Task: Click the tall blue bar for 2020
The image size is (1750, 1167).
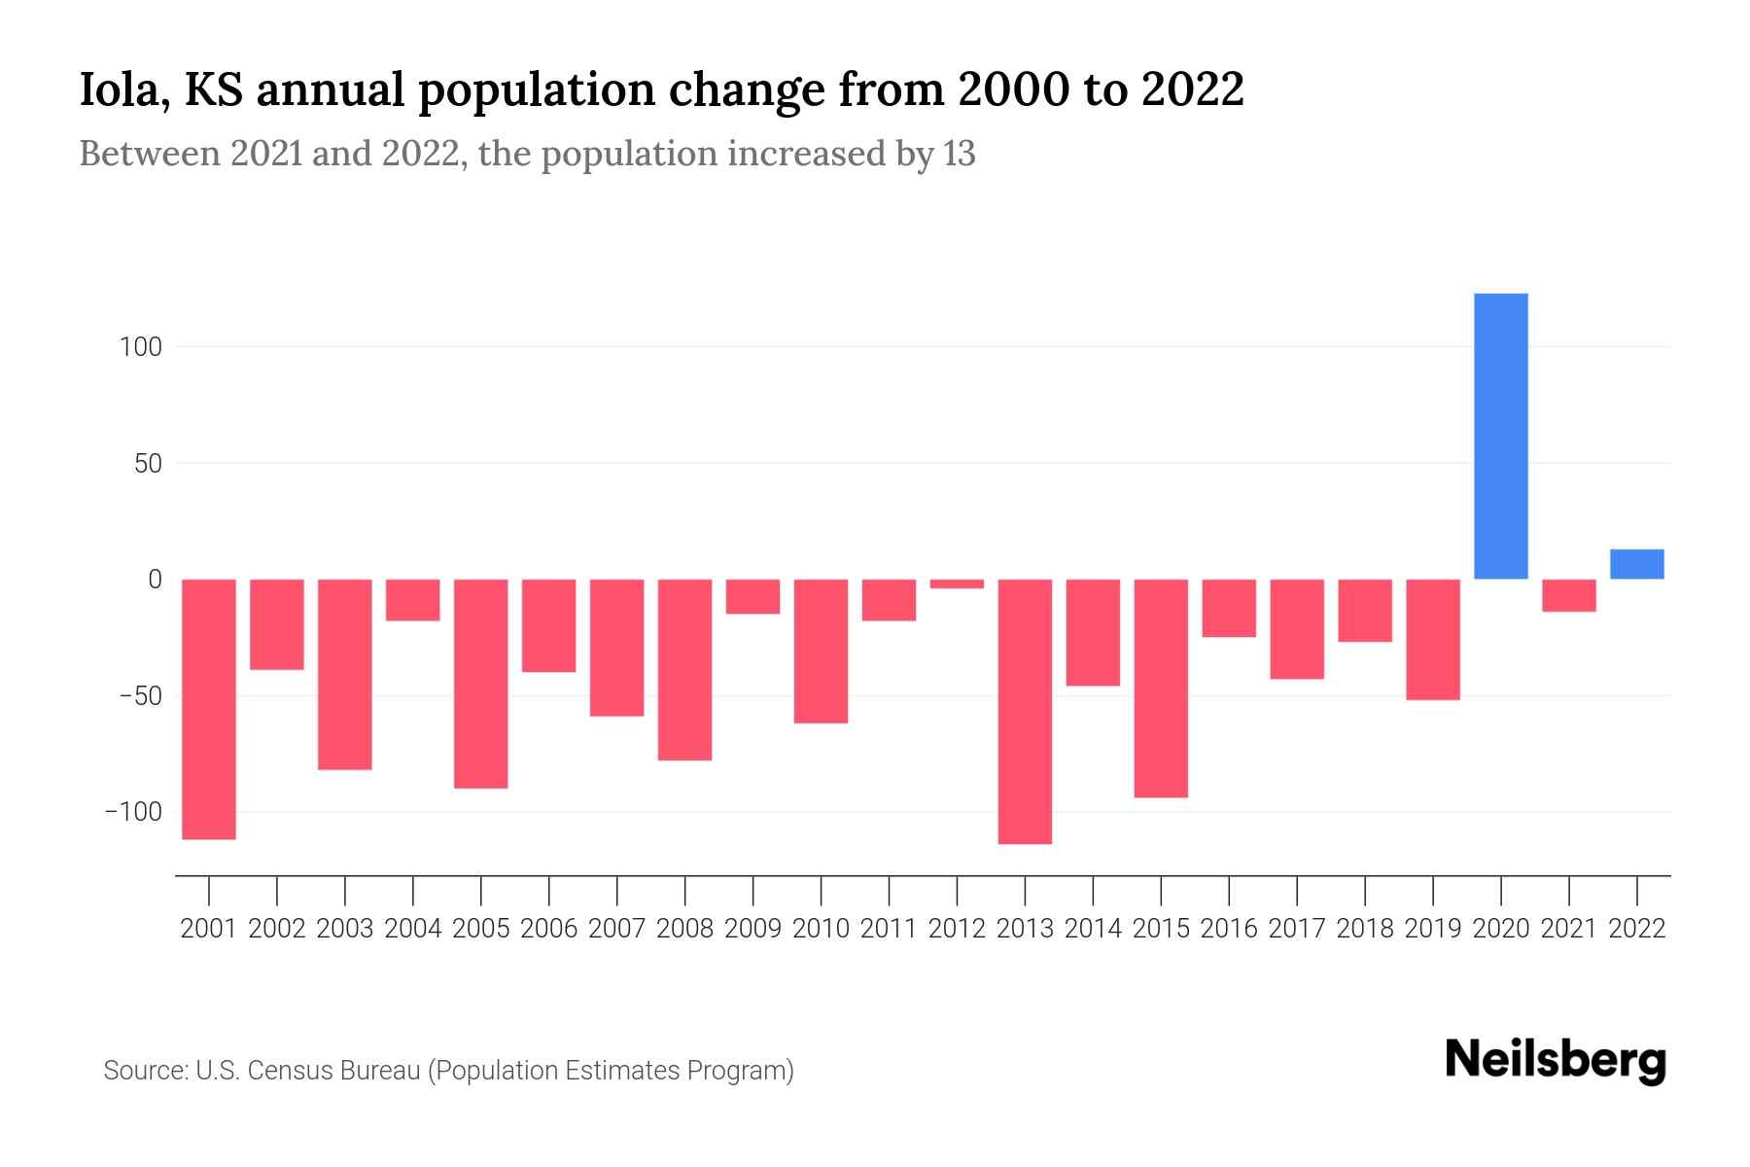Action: pyautogui.click(x=1500, y=436)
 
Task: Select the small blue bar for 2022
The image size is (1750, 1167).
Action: pyautogui.click(x=1636, y=564)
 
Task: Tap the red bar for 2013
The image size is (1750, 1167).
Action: pyautogui.click(x=1025, y=711)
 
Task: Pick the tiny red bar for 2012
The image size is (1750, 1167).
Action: pyautogui.click(x=957, y=583)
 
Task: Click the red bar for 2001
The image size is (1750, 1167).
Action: pyautogui.click(x=209, y=709)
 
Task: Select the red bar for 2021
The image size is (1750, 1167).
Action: pyautogui.click(x=1568, y=595)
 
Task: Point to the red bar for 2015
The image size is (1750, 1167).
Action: pyautogui.click(x=1161, y=688)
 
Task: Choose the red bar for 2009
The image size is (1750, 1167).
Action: pyautogui.click(x=752, y=596)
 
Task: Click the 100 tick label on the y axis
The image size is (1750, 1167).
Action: pyautogui.click(x=141, y=346)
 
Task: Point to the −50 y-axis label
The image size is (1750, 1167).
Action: pyautogui.click(x=140, y=696)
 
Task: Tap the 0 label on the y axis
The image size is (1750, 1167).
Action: pyautogui.click(x=155, y=580)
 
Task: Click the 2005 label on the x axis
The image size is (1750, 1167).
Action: pyautogui.click(x=481, y=929)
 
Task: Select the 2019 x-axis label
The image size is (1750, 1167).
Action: pyautogui.click(x=1433, y=929)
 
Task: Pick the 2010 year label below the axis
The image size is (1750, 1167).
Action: pyautogui.click(x=821, y=929)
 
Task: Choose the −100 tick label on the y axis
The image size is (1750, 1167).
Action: pyautogui.click(x=134, y=812)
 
